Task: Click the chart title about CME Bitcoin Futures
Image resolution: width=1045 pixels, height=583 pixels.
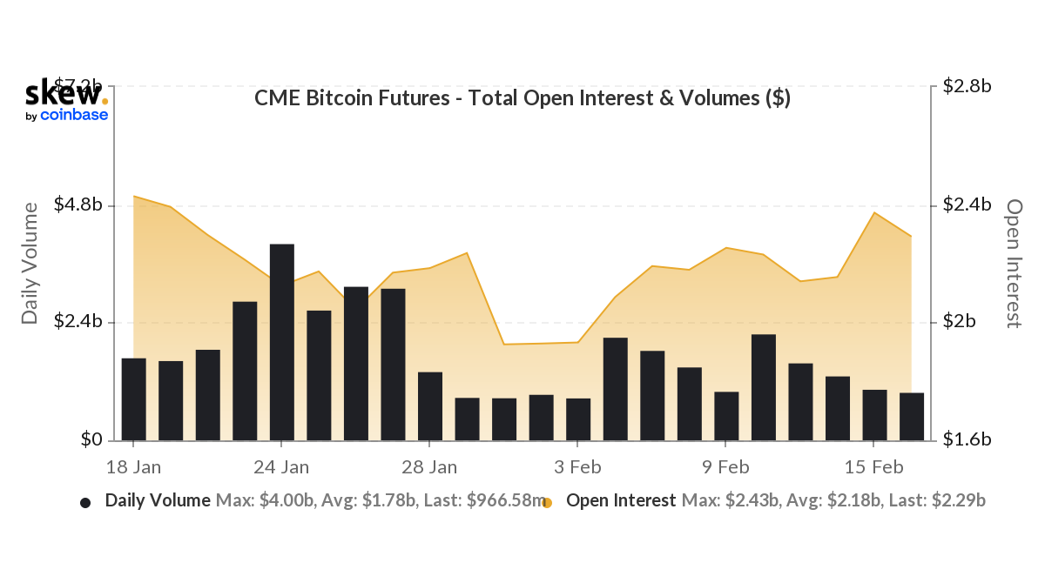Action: [x=522, y=98]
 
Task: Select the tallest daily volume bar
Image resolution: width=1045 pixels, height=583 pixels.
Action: [x=281, y=342]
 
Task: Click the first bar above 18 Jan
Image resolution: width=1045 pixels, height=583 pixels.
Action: [x=133, y=399]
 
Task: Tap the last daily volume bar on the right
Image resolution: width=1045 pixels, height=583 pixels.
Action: [x=911, y=416]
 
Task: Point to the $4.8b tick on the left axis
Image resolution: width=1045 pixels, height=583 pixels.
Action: [x=79, y=205]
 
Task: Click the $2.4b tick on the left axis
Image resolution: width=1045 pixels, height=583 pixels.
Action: [x=79, y=322]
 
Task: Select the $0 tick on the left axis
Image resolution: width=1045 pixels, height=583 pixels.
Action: [x=91, y=439]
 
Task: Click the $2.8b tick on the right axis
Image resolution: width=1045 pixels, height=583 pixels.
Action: [x=967, y=86]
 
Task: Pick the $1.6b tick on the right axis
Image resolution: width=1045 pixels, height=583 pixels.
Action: [x=967, y=439]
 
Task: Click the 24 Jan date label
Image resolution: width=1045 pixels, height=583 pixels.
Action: [x=282, y=467]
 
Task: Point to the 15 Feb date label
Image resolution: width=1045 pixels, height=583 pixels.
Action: [x=874, y=467]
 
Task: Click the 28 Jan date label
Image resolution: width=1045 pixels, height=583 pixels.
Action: [x=430, y=467]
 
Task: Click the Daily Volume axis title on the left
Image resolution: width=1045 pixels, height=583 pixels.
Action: [x=30, y=263]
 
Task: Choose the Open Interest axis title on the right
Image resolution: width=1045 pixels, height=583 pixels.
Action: [x=1014, y=263]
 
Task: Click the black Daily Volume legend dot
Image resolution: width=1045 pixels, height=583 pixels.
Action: [x=85, y=502]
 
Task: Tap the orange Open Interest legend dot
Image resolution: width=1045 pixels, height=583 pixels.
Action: [x=547, y=502]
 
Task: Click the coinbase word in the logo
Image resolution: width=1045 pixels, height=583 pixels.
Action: [x=74, y=115]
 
